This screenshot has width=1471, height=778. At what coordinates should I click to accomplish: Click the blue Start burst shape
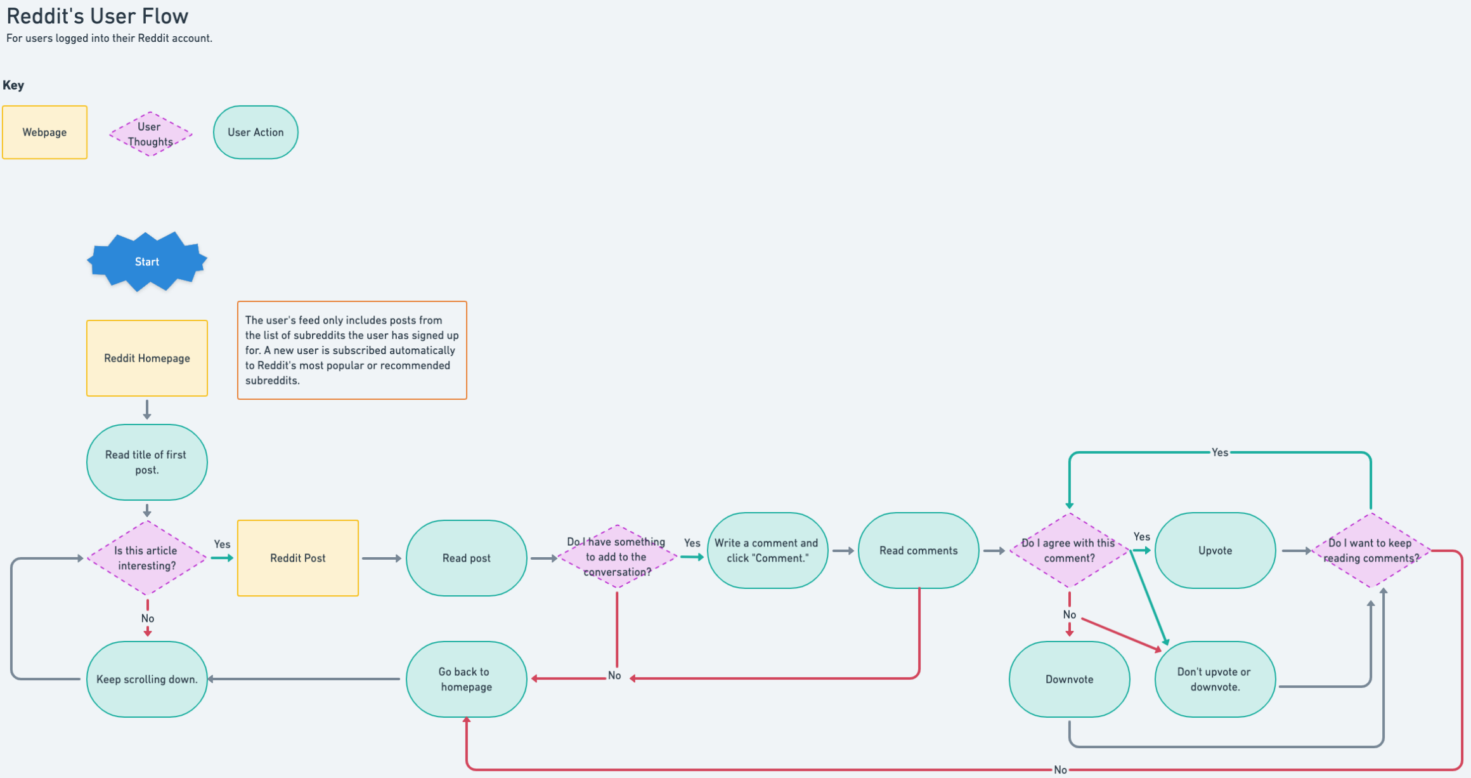[x=147, y=261]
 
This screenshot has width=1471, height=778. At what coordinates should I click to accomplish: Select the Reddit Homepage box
[x=147, y=358]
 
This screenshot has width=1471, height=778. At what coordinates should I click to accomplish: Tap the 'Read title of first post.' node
[x=147, y=462]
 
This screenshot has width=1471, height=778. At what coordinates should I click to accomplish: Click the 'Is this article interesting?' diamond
[x=147, y=558]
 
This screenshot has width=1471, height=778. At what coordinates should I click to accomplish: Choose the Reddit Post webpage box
[x=298, y=558]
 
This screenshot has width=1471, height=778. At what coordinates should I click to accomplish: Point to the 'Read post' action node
[x=467, y=558]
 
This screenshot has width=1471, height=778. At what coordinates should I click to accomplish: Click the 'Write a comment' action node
[x=767, y=550]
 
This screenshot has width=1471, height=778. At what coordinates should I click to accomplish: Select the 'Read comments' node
[x=919, y=550]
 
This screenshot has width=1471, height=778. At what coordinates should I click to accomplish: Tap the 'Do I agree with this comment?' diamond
[x=1070, y=550]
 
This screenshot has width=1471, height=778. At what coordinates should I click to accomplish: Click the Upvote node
[x=1215, y=550]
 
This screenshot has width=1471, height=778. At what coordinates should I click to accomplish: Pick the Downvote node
[x=1070, y=679]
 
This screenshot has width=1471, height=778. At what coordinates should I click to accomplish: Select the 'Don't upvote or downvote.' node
[x=1215, y=679]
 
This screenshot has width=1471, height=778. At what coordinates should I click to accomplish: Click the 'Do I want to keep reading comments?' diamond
[x=1371, y=550]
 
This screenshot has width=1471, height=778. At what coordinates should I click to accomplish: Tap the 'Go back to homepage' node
[x=467, y=679]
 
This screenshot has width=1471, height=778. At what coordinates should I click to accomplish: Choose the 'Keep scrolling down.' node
[x=147, y=679]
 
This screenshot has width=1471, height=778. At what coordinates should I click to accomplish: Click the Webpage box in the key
[x=44, y=132]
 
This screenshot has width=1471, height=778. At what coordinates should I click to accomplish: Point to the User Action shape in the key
[x=256, y=132]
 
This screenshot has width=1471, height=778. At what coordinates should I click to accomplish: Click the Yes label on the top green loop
[x=1220, y=452]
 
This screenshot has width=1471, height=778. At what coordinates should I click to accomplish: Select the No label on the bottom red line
[x=1060, y=770]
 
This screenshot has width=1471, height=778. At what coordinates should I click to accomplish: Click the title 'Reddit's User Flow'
[x=98, y=16]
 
